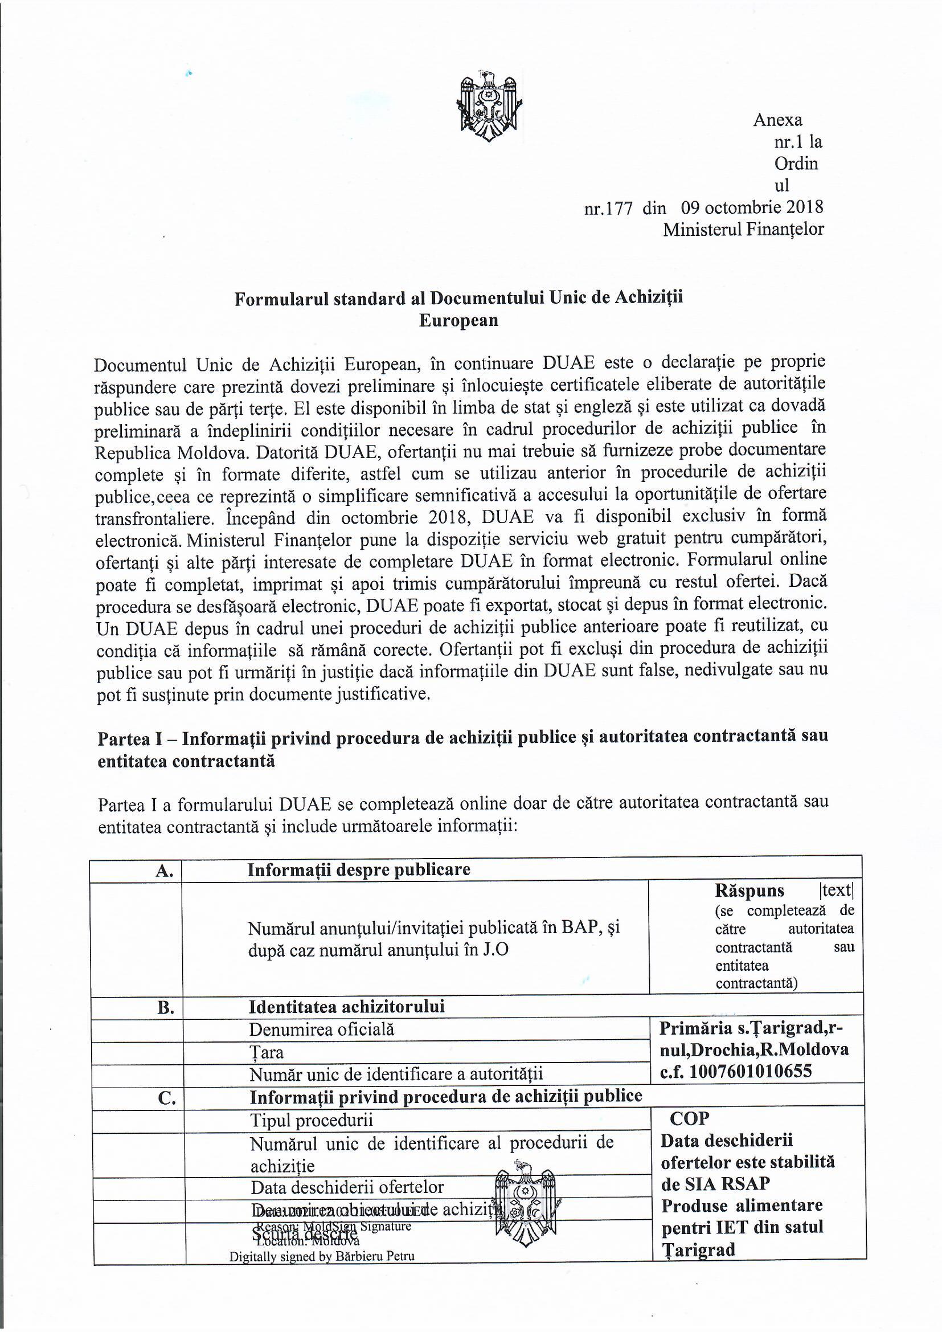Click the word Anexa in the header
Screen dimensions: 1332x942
777,120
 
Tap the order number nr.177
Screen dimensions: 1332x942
608,209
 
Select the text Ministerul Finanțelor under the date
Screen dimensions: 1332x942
743,230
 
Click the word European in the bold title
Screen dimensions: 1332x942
458,321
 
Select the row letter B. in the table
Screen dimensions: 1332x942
166,1008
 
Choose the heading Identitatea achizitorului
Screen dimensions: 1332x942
346,1007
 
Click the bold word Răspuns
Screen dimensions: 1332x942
749,890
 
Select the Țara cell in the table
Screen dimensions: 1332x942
266,1052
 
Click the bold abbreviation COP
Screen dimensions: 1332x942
689,1118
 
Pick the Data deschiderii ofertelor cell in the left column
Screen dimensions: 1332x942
347,1187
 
